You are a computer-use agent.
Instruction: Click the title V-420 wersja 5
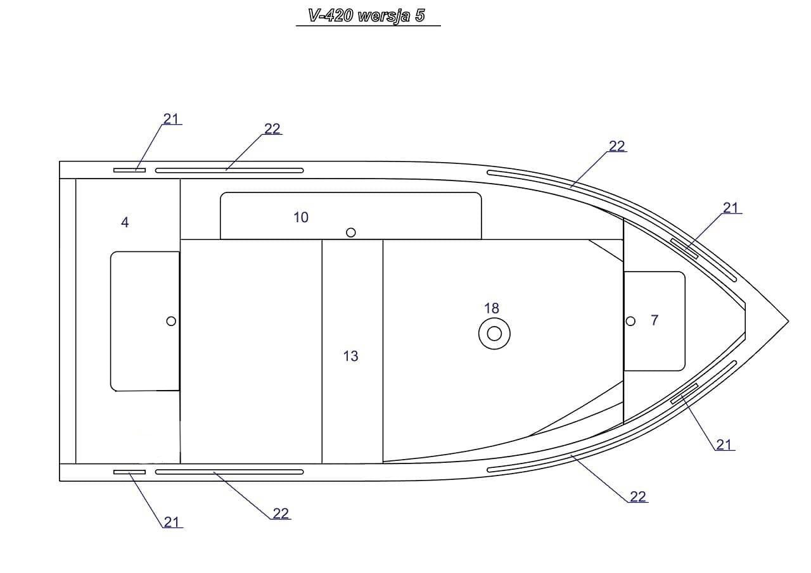tap(366, 16)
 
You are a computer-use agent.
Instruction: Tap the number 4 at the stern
tap(125, 222)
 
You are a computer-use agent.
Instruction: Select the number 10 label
tap(300, 217)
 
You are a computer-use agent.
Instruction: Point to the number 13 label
tap(350, 356)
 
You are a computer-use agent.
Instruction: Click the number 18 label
tap(491, 308)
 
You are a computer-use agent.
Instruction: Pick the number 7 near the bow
tap(655, 320)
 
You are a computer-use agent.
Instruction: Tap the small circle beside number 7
tap(630, 321)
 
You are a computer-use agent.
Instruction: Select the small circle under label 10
tap(350, 232)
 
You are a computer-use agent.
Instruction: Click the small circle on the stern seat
tap(171, 321)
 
